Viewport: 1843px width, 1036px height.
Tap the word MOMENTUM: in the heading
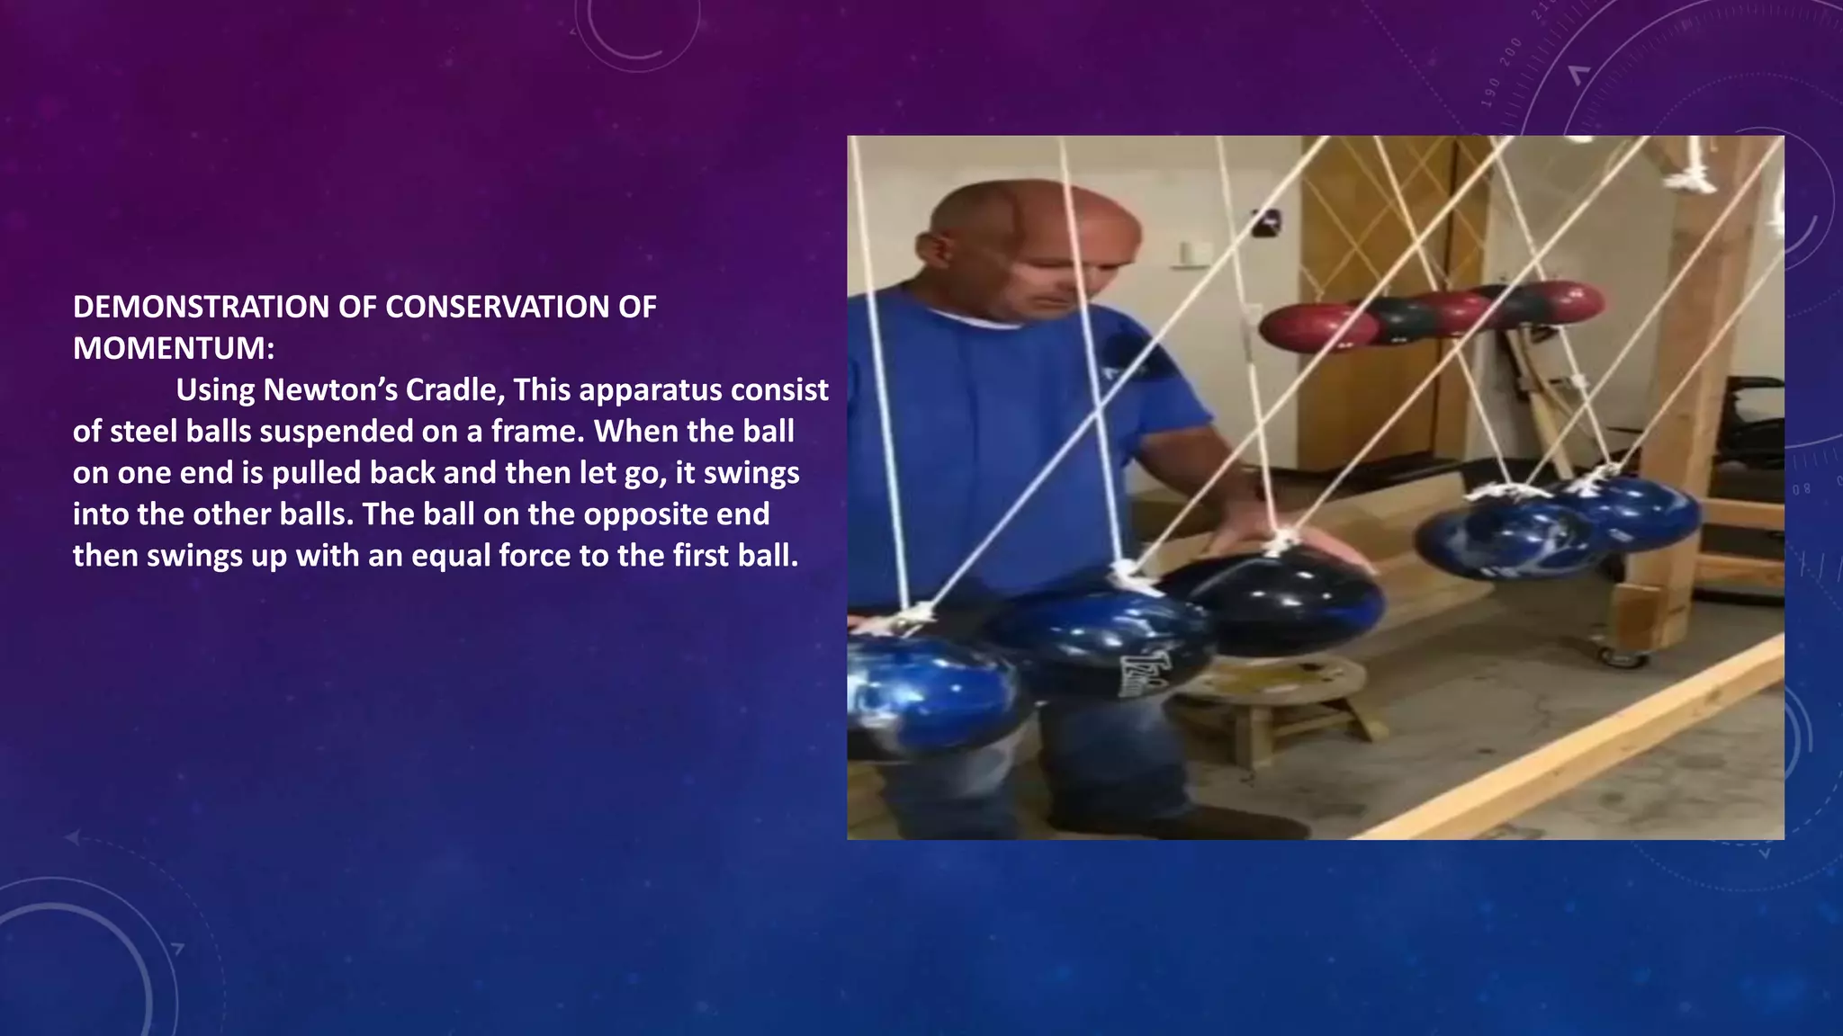point(173,349)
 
